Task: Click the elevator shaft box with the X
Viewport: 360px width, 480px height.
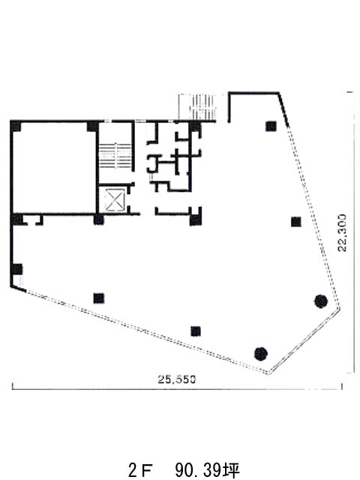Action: tap(115, 200)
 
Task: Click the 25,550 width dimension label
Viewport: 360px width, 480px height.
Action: tap(177, 379)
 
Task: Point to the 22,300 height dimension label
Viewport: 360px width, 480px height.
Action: tap(342, 232)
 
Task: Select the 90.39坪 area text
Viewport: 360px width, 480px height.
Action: tap(208, 470)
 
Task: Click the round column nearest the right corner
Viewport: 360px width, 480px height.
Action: tap(320, 301)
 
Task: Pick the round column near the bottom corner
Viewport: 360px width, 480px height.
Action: tap(261, 354)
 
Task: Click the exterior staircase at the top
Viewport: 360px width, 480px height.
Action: tap(197, 106)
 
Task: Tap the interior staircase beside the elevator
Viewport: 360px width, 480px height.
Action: tap(115, 155)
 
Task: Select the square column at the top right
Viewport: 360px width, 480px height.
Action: tap(271, 126)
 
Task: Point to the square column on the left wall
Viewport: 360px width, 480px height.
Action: tap(17, 269)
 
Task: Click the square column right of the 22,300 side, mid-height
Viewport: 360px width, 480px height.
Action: tap(295, 222)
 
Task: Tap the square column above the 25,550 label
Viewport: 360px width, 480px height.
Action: tap(196, 331)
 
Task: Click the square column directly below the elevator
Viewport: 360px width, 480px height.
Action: tap(98, 220)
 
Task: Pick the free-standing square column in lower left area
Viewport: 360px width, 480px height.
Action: tap(98, 298)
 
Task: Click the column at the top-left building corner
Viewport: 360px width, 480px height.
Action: tap(16, 126)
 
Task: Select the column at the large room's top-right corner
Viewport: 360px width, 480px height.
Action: tap(92, 126)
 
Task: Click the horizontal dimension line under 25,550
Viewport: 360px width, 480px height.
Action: tap(177, 389)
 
